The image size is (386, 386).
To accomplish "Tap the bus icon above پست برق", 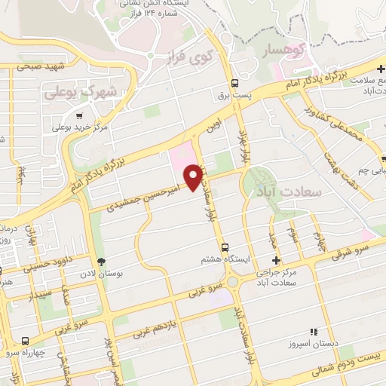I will click(234, 83).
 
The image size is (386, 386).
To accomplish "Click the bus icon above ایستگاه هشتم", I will click(224, 247).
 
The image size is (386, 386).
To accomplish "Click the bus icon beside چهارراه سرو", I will click(26, 341).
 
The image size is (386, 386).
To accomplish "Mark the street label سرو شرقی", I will click(356, 251).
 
